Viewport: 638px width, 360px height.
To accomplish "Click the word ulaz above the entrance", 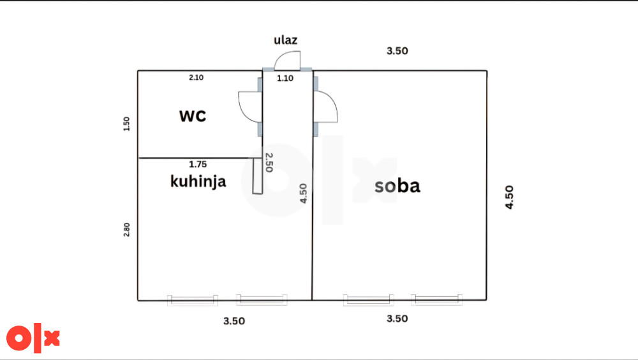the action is click(285, 40).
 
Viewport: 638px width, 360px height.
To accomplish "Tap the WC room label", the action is click(193, 116).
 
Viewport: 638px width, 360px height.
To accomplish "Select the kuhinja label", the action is click(198, 181).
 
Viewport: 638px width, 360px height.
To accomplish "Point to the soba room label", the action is click(397, 186).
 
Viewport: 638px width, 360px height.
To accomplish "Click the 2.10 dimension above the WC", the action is click(196, 77).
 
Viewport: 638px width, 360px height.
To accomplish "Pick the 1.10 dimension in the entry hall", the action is click(285, 78).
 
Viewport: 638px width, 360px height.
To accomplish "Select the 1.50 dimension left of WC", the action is click(126, 124).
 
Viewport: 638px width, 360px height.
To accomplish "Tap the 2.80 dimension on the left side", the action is click(126, 230).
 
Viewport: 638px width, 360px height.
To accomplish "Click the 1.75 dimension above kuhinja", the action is click(198, 164).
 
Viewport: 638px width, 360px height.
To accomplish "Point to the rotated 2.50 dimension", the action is click(269, 163).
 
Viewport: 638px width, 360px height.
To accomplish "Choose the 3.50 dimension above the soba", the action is click(397, 51).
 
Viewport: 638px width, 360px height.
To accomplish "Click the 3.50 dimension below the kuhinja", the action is click(234, 321).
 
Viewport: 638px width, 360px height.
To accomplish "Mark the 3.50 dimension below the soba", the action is click(397, 319).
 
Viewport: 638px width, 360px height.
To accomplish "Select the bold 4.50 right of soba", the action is click(509, 197).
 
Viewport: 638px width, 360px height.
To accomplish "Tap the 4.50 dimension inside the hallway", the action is click(303, 193).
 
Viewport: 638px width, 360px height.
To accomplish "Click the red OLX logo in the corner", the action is click(33, 338).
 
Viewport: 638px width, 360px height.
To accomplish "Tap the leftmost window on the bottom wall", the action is click(193, 300).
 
